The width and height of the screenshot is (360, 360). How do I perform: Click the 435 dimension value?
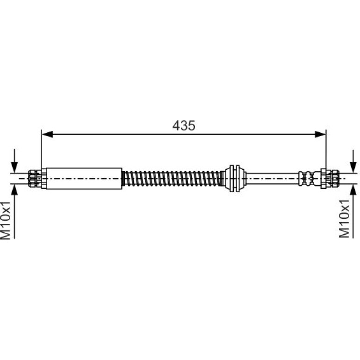tap(184, 126)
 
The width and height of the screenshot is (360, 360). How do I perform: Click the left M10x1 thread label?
tap(6, 220)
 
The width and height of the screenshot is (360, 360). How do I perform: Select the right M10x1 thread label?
tap(345, 219)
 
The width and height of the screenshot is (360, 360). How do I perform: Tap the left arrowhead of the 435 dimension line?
tap(48, 134)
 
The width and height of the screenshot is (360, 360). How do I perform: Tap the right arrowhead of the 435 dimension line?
tap(320, 134)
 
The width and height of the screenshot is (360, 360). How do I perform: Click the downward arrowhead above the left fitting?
tap(14, 167)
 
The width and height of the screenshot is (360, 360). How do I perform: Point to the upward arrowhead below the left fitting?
tap(14, 189)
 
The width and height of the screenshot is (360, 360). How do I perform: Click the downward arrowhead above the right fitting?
tap(353, 167)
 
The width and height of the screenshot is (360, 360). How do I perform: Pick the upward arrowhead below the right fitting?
tap(353, 189)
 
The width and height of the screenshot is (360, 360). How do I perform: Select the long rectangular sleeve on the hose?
tap(84, 179)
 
